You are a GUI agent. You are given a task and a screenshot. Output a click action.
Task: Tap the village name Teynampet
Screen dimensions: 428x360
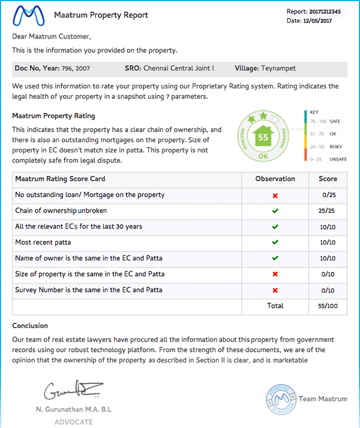278,68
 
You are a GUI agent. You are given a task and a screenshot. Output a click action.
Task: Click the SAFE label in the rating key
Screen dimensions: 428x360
335,121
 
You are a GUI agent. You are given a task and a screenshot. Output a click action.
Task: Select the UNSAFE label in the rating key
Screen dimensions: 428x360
337,159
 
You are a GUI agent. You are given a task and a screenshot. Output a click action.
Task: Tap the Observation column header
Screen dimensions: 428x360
275,179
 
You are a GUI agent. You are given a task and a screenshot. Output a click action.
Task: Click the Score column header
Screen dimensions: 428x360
328,179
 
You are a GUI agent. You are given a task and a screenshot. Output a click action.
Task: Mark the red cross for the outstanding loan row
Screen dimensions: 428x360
275,195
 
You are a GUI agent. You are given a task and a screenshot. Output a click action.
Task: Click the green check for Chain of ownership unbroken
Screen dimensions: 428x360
275,211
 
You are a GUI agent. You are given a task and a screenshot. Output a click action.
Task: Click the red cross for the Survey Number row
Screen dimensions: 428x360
275,290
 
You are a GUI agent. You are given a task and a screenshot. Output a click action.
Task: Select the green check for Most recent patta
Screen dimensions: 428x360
275,242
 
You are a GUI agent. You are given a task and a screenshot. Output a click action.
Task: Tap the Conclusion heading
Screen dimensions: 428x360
30,325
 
